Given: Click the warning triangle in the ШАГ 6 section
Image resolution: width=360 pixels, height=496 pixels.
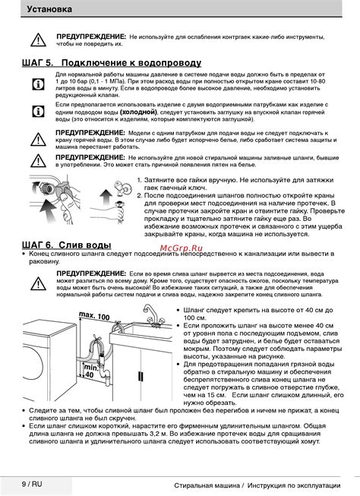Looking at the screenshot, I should (x=37, y=282).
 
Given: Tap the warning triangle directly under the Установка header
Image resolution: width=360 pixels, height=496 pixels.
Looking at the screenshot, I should (x=37, y=39).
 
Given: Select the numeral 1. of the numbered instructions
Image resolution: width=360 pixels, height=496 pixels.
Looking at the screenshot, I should (x=139, y=180).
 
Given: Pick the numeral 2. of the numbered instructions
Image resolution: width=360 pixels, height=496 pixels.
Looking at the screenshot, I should (x=139, y=196).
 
